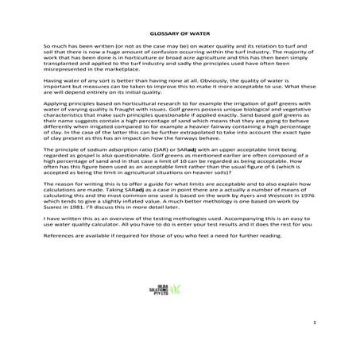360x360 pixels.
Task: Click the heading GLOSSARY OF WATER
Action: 179,33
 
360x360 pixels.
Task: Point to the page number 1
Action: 315,323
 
